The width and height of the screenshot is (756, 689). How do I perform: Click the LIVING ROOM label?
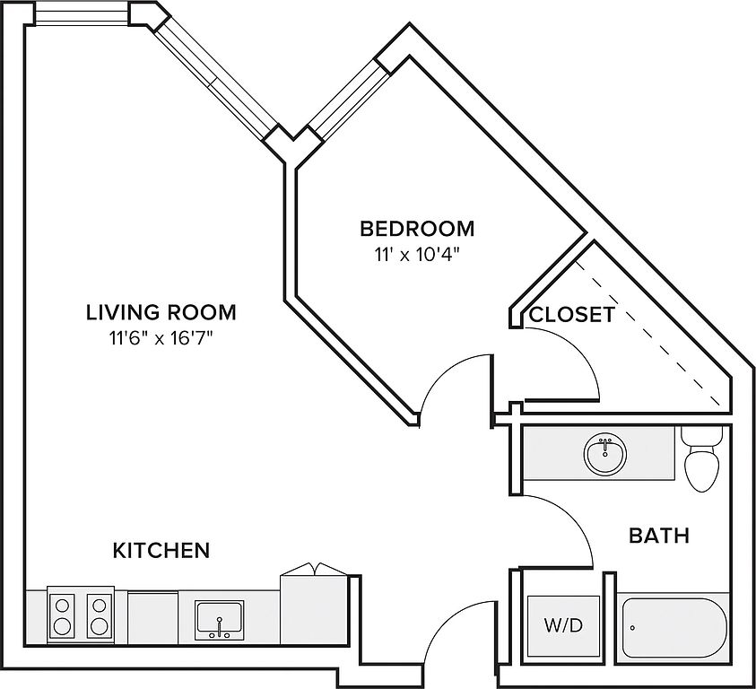161,312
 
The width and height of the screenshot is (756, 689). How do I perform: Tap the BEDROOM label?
416,227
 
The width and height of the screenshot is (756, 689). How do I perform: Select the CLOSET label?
571,315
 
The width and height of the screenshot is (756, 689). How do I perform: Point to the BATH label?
659,536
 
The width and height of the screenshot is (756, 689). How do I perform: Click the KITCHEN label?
161,549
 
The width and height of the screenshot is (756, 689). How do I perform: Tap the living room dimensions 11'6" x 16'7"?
161,338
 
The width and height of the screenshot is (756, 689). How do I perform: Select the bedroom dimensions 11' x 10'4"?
416,254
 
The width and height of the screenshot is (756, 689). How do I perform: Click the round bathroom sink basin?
606,453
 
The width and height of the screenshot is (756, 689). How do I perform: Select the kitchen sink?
219,618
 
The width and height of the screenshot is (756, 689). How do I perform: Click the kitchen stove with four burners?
81,615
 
